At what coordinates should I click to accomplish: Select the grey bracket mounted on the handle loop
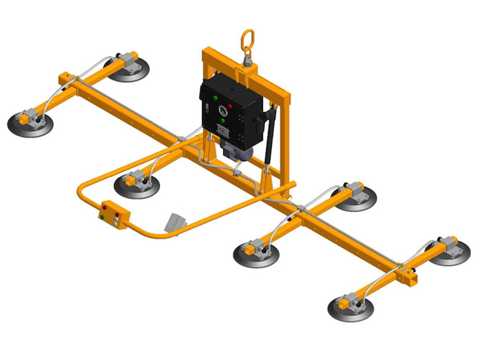[175, 222]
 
